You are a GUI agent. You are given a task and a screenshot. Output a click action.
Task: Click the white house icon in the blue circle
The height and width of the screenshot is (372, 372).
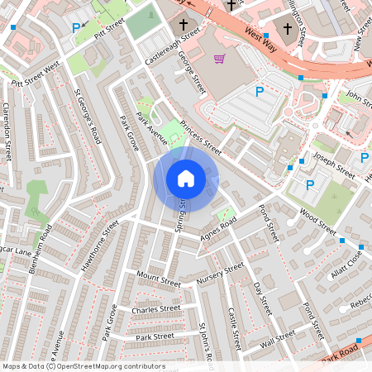click(x=186, y=178)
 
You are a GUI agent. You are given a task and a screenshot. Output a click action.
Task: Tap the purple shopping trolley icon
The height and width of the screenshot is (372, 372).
click(x=220, y=59)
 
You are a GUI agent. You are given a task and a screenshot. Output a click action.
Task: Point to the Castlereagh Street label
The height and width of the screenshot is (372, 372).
click(x=173, y=45)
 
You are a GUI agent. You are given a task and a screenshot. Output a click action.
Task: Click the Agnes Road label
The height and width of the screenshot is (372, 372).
click(x=217, y=231)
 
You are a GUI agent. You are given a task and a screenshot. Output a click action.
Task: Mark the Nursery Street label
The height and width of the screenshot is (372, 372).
click(x=221, y=274)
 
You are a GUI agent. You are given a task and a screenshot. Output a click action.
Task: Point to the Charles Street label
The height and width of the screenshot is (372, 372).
click(x=155, y=310)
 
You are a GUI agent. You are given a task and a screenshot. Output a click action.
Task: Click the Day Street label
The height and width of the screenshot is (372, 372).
click(x=261, y=298)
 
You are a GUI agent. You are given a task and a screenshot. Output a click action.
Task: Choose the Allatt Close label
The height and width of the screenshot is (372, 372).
click(x=346, y=264)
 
